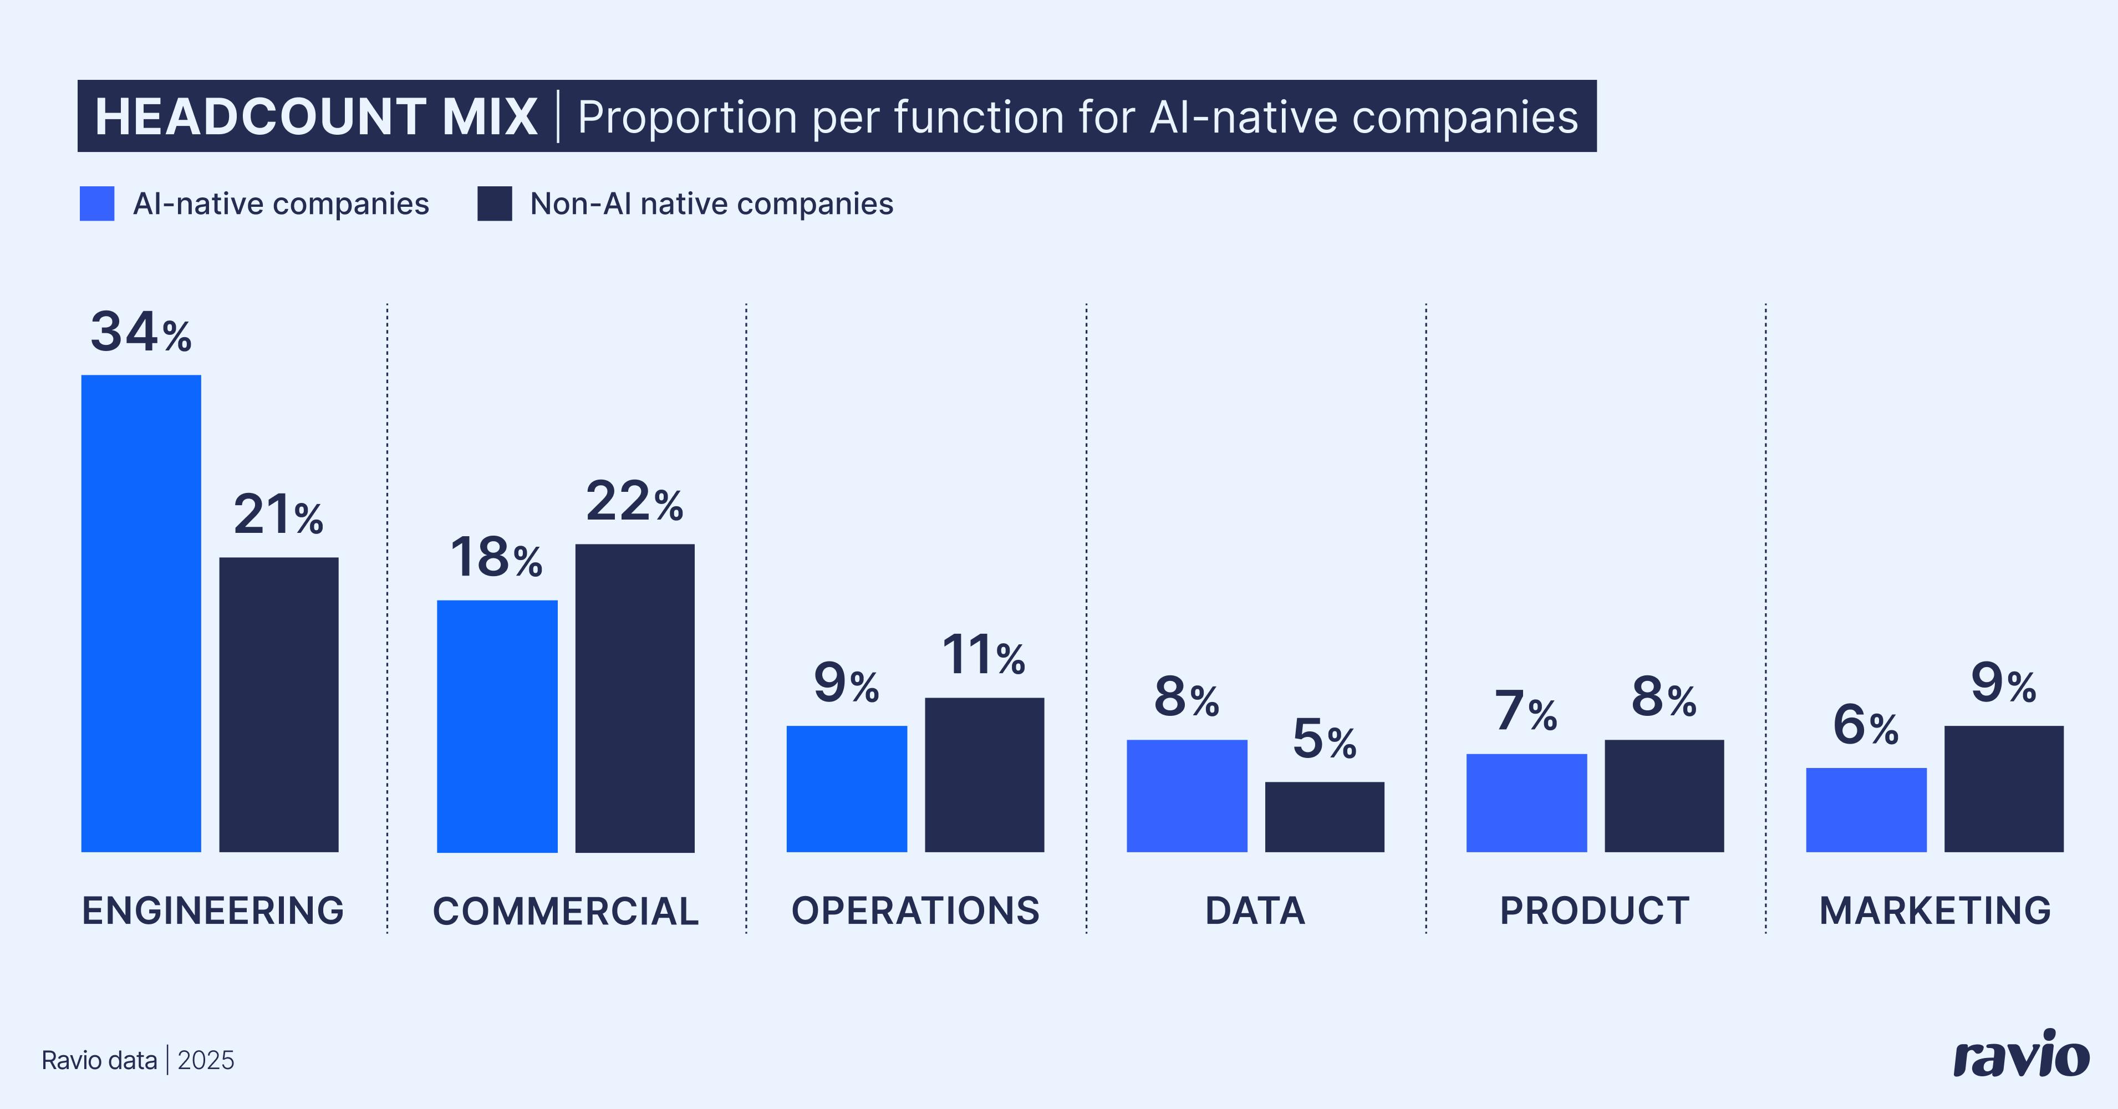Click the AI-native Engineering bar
(x=141, y=613)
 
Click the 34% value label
(x=141, y=332)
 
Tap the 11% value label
(x=984, y=655)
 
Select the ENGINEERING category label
(x=213, y=911)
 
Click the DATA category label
(x=1255, y=911)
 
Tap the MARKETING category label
(x=1934, y=911)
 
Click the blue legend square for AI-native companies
(x=97, y=204)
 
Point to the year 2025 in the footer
(x=206, y=1061)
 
